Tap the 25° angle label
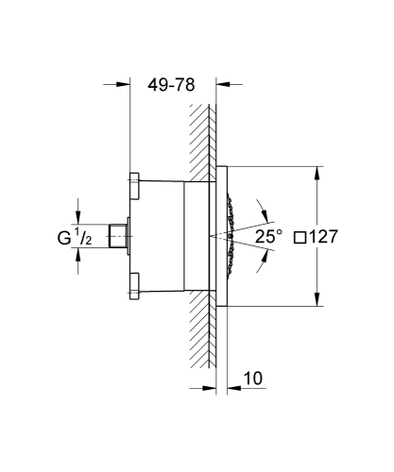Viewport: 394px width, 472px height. coord(268,236)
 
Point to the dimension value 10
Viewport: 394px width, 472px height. coord(252,379)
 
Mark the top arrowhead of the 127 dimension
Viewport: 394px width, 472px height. coord(315,171)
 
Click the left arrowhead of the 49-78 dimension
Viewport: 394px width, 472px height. coord(123,83)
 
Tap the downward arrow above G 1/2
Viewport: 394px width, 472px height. coord(79,214)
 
